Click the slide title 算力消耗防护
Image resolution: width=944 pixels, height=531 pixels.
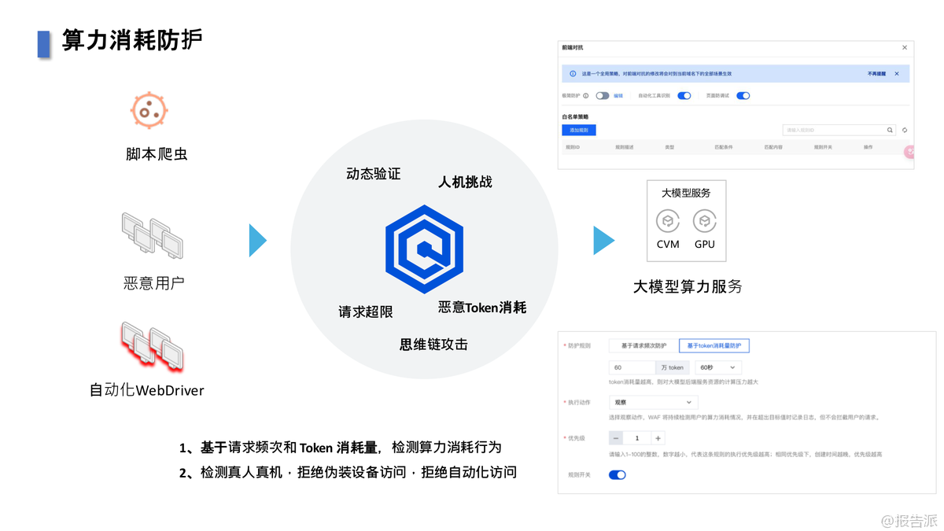click(132, 40)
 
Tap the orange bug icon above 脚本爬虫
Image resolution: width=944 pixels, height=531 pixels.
click(149, 110)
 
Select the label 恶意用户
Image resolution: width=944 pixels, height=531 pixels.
click(154, 283)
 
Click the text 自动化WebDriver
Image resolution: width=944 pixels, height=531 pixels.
click(147, 389)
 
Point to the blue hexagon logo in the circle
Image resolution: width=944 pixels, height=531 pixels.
click(425, 249)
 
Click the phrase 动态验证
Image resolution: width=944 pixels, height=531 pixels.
click(374, 174)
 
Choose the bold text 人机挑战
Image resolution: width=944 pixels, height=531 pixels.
click(465, 182)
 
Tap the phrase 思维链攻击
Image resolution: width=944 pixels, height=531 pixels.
click(433, 345)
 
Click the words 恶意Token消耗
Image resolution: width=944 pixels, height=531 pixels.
click(482, 308)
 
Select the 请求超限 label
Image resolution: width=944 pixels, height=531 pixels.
click(366, 312)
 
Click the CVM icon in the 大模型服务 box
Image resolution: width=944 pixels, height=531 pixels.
click(668, 221)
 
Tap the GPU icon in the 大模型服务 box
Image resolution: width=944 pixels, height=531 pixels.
click(704, 221)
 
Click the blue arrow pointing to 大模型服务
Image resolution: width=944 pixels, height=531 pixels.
click(603, 241)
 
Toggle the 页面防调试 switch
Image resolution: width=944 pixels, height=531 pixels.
click(743, 96)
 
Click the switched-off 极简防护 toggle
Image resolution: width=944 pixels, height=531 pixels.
click(603, 96)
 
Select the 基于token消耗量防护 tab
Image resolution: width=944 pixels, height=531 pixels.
click(714, 345)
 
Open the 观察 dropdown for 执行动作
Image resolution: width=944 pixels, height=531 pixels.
click(652, 402)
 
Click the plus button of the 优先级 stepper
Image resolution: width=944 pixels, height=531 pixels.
click(658, 438)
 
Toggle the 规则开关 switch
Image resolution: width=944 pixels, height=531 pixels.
click(618, 475)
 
